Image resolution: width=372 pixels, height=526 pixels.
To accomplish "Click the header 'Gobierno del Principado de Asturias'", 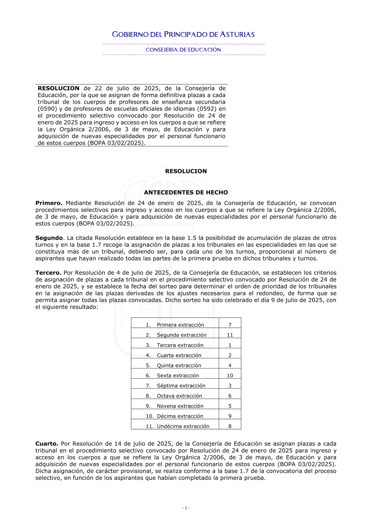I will (x=183, y=35).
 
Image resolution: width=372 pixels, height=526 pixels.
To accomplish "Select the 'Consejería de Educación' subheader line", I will (x=183, y=50).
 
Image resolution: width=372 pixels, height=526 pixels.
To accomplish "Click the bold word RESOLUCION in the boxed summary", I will (x=58, y=89).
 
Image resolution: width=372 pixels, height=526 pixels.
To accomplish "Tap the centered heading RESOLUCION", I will (x=186, y=171).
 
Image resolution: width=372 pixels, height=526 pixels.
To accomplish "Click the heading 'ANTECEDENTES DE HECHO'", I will (x=186, y=192).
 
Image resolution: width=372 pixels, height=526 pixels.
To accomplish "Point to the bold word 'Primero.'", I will (x=49, y=203).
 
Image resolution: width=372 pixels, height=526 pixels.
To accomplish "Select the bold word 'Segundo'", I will (x=49, y=238).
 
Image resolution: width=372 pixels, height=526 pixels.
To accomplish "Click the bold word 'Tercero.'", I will (x=48, y=273).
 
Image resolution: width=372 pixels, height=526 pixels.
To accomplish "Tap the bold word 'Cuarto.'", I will (x=47, y=444).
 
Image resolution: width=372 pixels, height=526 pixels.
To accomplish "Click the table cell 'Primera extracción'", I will (x=180, y=325).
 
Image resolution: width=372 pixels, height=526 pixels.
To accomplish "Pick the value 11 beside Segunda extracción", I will (x=230, y=335).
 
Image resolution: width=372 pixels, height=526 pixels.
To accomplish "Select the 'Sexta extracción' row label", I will (x=178, y=376).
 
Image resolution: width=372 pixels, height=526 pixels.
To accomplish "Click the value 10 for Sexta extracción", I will (x=230, y=376).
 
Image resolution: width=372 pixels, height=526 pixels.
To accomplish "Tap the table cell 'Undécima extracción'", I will (x=183, y=426).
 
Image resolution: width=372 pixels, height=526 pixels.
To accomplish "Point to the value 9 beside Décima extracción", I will (x=230, y=416).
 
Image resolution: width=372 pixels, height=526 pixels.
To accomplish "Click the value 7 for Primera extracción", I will (x=230, y=325).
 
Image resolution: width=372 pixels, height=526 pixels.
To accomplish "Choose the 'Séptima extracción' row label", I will (x=181, y=386).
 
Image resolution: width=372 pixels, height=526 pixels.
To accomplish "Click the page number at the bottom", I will (x=186, y=508).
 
